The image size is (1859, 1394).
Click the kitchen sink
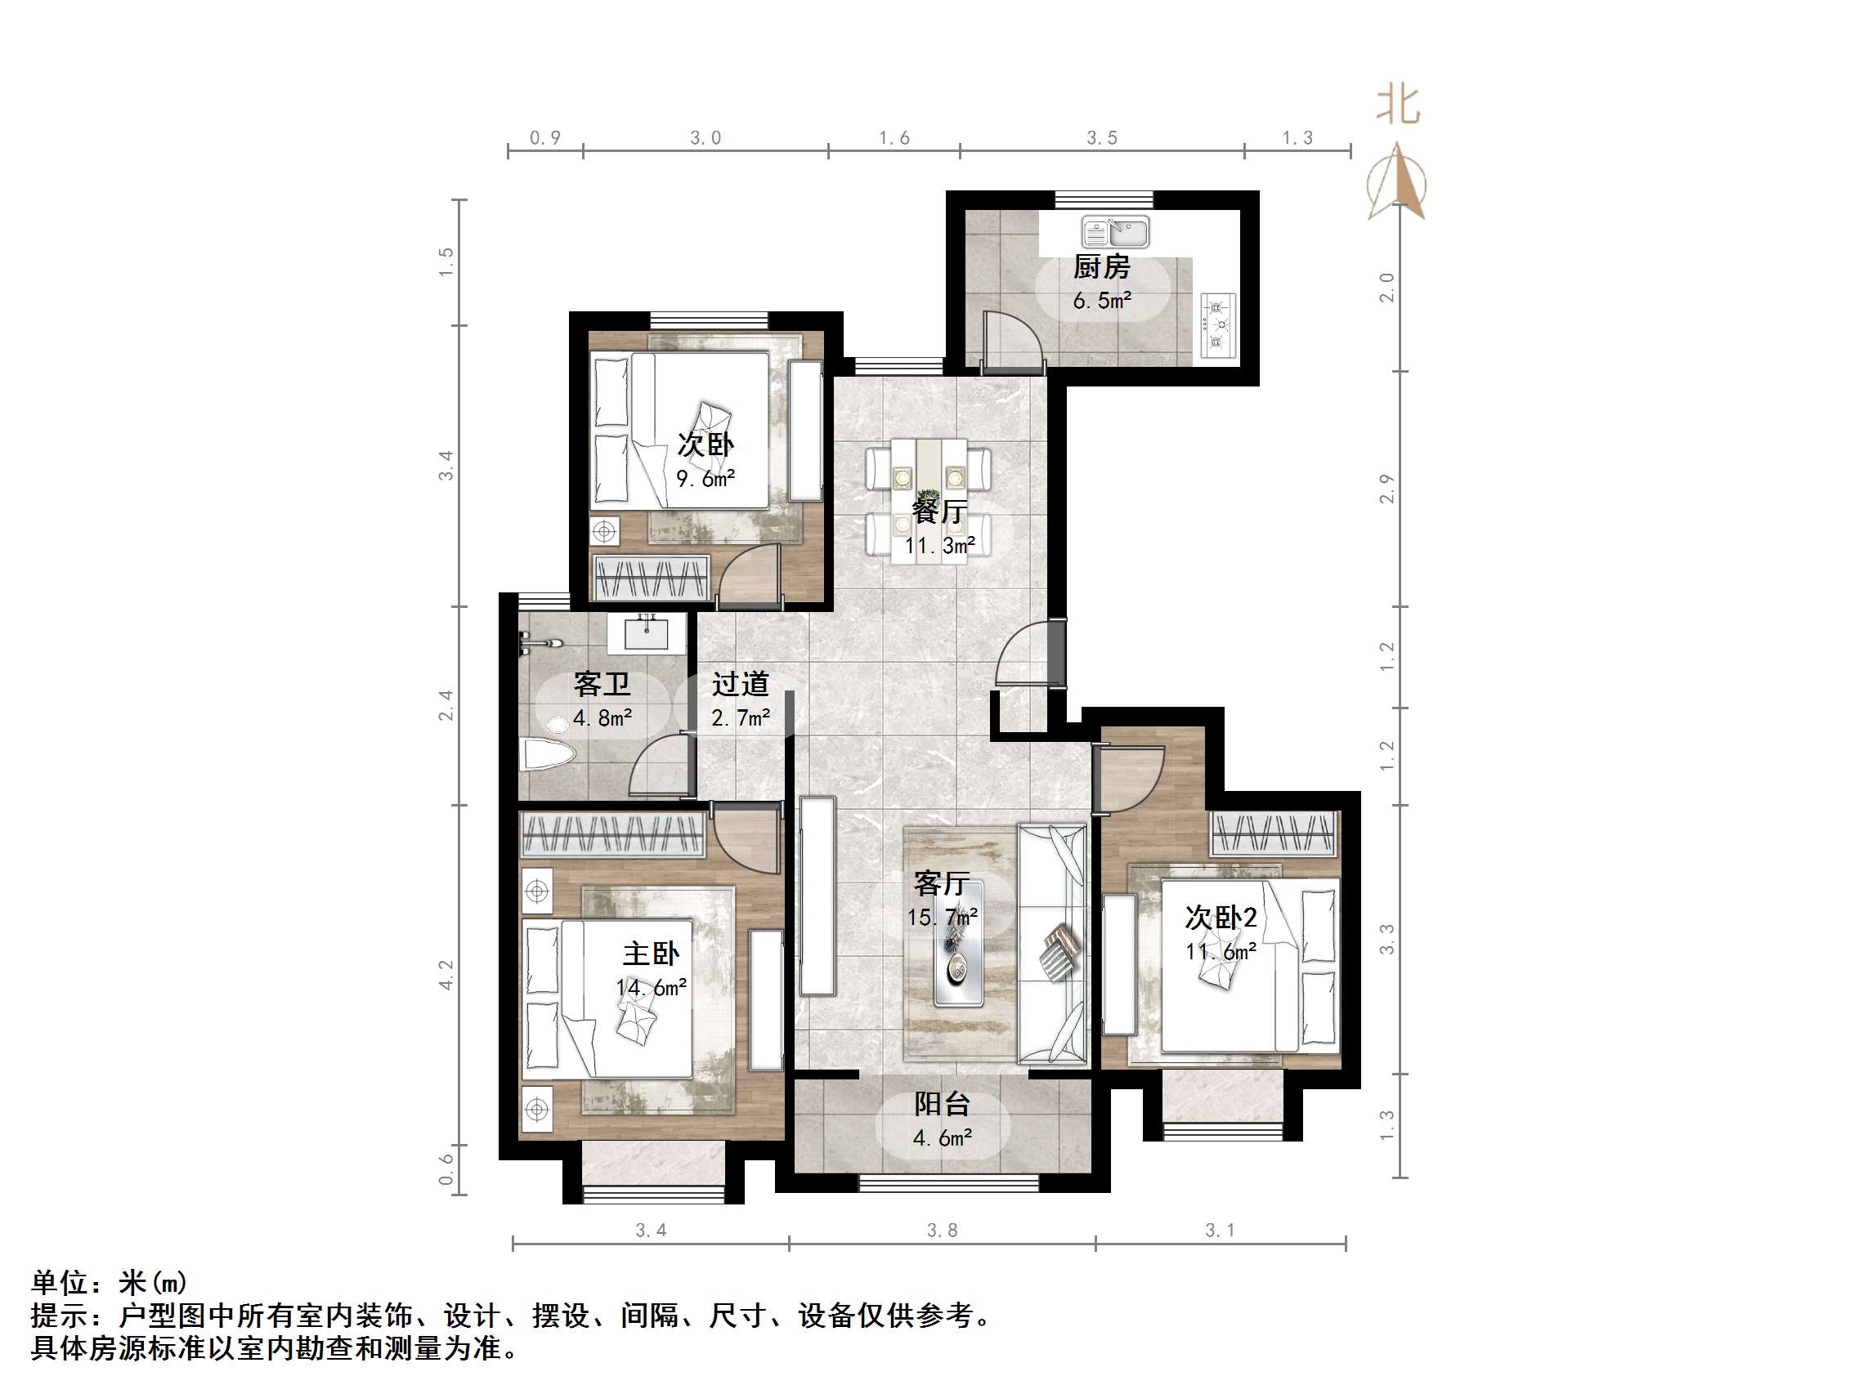coord(1115,232)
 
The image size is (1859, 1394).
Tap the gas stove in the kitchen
coord(1218,325)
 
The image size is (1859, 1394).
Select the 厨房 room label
coord(1101,268)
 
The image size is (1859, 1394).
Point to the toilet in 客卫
coord(544,753)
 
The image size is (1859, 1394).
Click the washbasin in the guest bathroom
coord(647,633)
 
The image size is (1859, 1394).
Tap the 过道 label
coord(741,684)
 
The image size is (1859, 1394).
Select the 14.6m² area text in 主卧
coord(652,988)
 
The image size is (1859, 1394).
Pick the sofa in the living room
coord(1051,945)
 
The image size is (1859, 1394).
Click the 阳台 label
coord(942,1104)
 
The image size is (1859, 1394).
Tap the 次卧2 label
coord(1221,918)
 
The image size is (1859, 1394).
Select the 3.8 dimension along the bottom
coord(941,1230)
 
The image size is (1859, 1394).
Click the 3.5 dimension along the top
coord(1102,138)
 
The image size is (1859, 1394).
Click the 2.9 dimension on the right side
coord(1386,489)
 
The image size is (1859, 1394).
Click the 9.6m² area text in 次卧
coord(706,479)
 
